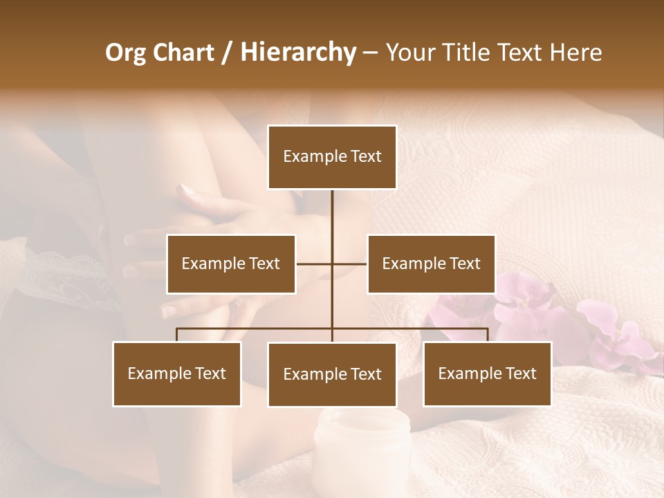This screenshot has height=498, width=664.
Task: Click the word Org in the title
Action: [x=124, y=53]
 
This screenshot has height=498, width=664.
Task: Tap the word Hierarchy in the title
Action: [x=297, y=53]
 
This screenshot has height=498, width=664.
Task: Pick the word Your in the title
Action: [x=408, y=53]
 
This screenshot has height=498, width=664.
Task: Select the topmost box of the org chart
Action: [x=332, y=157]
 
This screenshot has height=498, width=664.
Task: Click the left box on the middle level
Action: [x=231, y=264]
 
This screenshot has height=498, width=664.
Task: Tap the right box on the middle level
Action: [x=431, y=264]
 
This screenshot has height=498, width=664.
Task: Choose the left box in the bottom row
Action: [x=177, y=373]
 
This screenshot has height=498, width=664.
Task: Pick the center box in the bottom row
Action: [x=332, y=374]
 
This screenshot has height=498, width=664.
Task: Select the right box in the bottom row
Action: [x=487, y=373]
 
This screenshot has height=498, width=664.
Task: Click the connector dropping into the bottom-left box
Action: [x=177, y=335]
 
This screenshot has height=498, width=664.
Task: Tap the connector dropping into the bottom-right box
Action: [x=487, y=335]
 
